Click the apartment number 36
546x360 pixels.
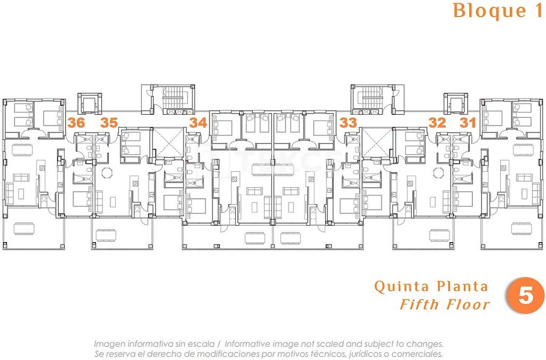[76, 123]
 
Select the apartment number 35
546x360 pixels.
[109, 123]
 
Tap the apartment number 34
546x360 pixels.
[198, 123]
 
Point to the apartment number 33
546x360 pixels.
[348, 123]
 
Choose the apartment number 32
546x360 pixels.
[437, 123]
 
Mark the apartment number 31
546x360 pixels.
[468, 123]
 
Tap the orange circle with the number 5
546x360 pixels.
[525, 295]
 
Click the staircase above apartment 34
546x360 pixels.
[173, 98]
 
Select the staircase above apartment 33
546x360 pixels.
[372, 98]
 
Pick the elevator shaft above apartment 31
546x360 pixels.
[455, 103]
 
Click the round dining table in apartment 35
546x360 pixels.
[108, 172]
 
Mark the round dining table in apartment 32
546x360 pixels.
[438, 172]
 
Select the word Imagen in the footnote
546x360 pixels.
[109, 344]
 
